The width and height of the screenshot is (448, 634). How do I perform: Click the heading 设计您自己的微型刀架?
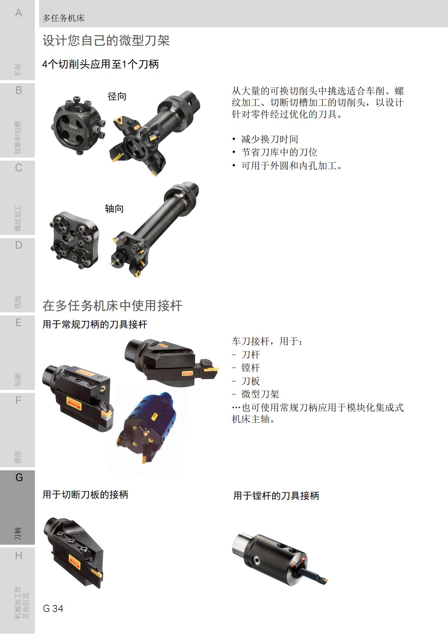pyautogui.click(x=106, y=41)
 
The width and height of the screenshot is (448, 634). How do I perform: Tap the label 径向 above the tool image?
pyautogui.click(x=117, y=96)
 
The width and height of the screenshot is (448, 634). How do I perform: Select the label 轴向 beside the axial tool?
pyautogui.click(x=114, y=209)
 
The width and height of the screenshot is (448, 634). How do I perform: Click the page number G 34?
pyautogui.click(x=53, y=608)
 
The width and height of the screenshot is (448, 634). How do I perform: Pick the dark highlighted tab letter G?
pyautogui.click(x=19, y=478)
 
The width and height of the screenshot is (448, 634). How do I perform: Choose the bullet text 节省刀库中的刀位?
pyautogui.click(x=279, y=152)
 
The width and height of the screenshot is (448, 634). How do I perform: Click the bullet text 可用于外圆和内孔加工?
pyautogui.click(x=291, y=166)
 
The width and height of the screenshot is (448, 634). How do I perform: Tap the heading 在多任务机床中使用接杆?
pyautogui.click(x=112, y=306)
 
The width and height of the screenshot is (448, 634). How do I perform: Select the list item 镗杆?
pyautogui.click(x=251, y=368)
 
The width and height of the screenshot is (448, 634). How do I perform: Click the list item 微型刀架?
pyautogui.click(x=260, y=394)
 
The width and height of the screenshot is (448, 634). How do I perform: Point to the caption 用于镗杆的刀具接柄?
pyautogui.click(x=276, y=496)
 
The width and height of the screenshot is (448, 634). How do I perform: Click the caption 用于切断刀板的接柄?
pyautogui.click(x=85, y=494)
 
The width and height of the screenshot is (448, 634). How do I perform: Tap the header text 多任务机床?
pyautogui.click(x=64, y=18)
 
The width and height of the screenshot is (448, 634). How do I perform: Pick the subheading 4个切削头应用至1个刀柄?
pyautogui.click(x=100, y=64)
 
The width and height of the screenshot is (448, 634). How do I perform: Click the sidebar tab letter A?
pyautogui.click(x=18, y=13)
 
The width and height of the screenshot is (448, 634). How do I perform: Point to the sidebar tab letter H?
pyautogui.click(x=18, y=555)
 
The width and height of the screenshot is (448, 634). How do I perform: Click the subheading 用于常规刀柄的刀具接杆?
pyautogui.click(x=95, y=324)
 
